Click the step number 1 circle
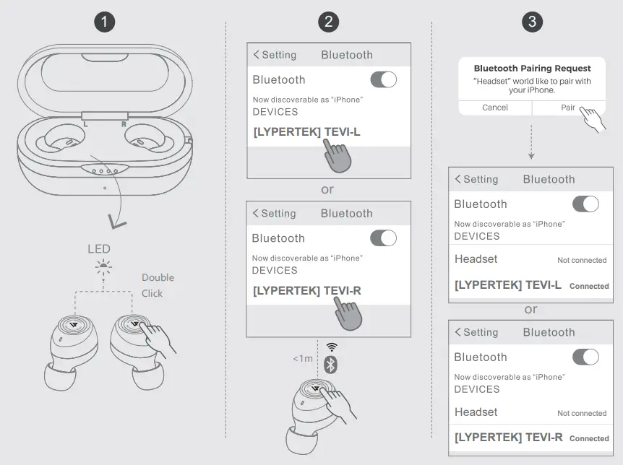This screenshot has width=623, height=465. tap(106, 22)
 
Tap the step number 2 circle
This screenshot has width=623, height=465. tap(329, 22)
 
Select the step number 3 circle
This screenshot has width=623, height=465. tap(532, 22)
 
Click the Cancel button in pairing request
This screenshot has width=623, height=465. tap(495, 108)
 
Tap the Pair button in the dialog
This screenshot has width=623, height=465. tap(569, 108)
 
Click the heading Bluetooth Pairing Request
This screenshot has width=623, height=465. tap(532, 69)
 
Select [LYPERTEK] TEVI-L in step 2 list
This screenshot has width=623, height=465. tap(306, 133)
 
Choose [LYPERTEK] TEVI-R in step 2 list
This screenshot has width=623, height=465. tap(306, 291)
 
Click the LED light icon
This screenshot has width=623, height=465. tap(103, 268)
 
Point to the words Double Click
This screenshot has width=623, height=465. tap(157, 285)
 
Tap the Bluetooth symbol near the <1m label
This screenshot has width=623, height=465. tap(330, 365)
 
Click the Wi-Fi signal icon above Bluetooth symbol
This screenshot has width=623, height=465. tap(331, 347)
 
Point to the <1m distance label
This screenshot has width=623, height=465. tap(303, 358)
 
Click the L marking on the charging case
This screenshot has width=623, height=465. tap(85, 124)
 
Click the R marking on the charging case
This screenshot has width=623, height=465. tap(124, 124)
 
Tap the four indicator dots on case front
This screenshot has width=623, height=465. tap(105, 170)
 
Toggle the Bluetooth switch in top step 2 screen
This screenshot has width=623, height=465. tap(383, 79)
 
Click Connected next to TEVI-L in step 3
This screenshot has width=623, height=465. tap(589, 286)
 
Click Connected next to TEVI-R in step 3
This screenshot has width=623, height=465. tap(589, 438)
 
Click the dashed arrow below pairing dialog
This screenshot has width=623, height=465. tap(531, 142)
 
